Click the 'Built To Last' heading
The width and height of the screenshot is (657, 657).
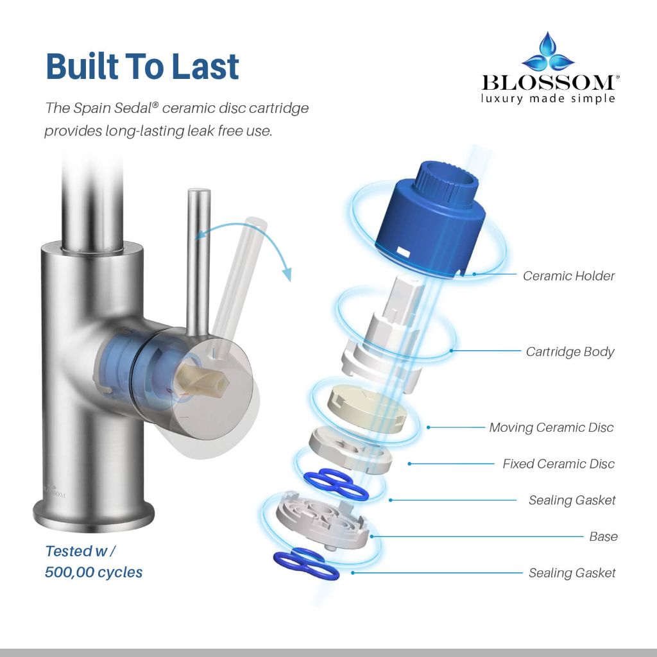tap(142, 66)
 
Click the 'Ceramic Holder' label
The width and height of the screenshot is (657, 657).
tap(568, 276)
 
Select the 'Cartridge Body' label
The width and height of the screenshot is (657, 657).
tap(570, 352)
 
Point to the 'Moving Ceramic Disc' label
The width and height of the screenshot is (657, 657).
tap(551, 427)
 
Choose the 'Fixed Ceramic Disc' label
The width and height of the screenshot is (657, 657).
tap(559, 464)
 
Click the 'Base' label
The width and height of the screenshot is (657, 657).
tap(603, 537)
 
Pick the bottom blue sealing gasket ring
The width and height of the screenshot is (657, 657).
tap(306, 563)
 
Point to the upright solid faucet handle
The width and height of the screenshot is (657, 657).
tap(198, 262)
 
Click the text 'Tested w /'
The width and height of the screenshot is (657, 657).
tap(80, 551)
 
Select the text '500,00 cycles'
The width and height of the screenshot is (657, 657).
tap(94, 572)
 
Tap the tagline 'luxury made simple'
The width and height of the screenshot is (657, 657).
tap(548, 99)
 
